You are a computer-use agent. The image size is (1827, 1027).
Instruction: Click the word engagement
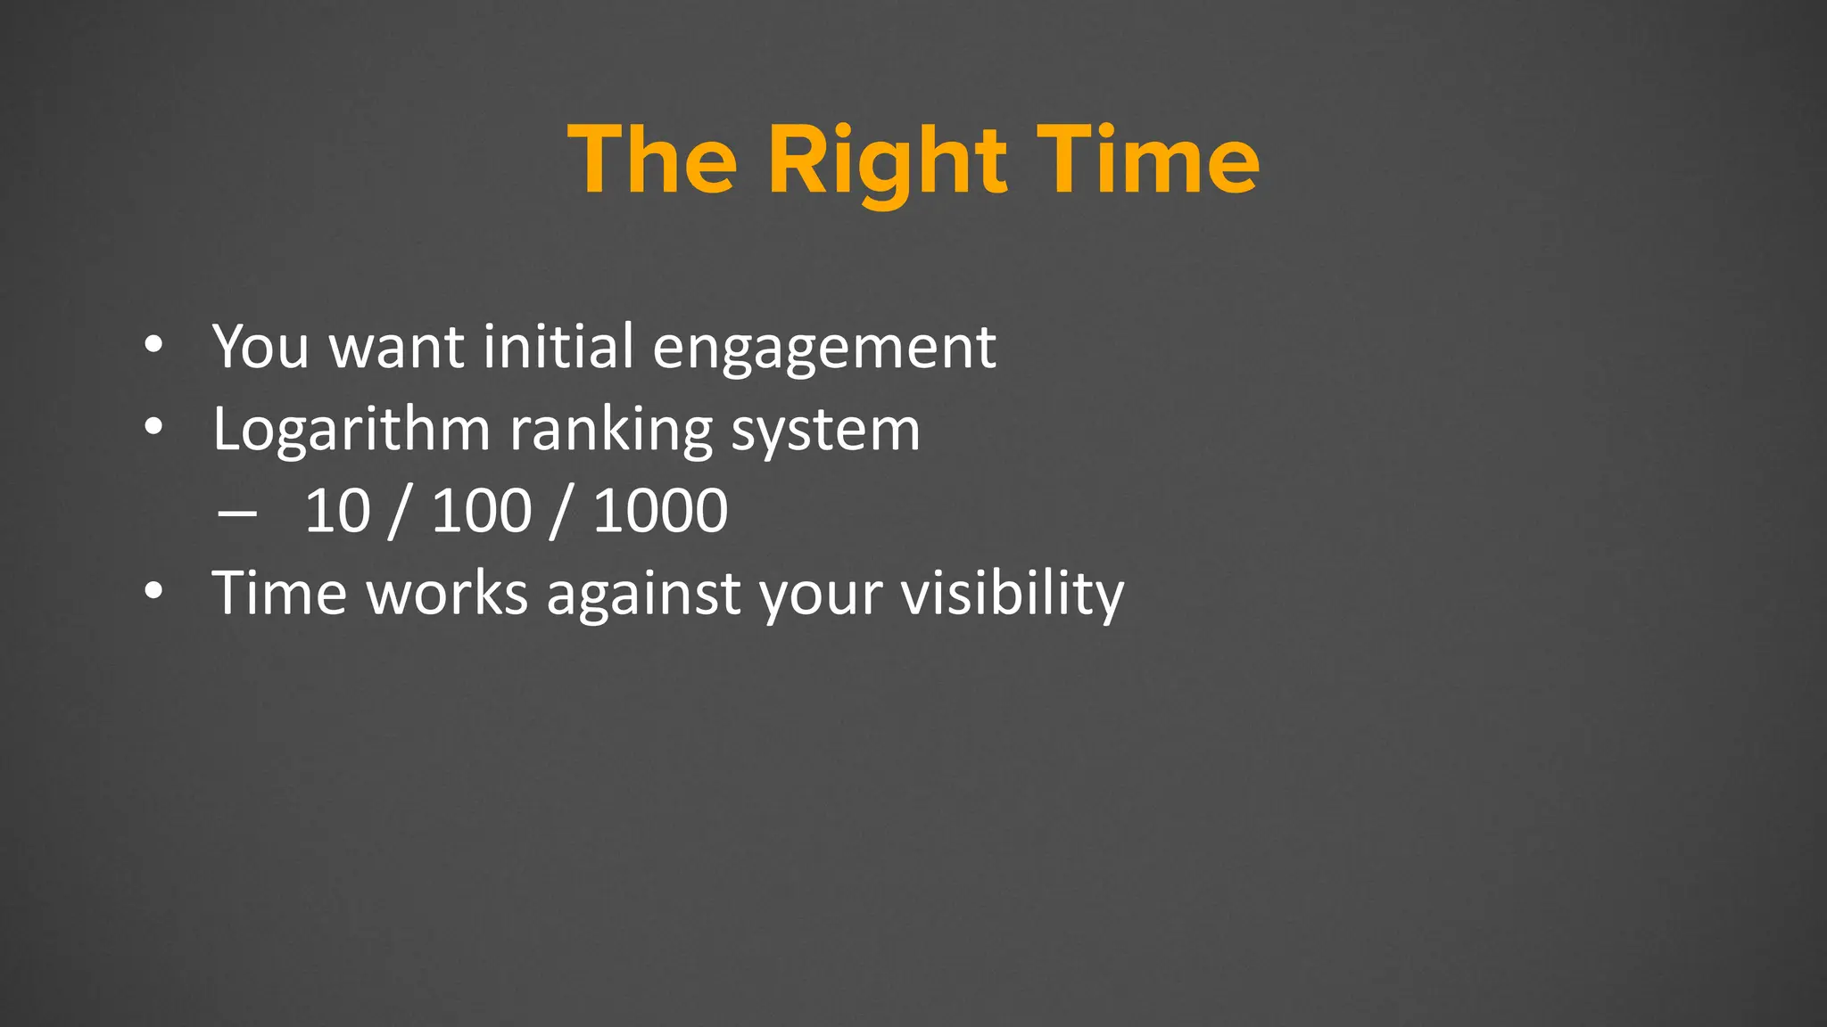tap(823, 348)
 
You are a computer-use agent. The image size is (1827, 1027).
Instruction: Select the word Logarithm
tap(351, 430)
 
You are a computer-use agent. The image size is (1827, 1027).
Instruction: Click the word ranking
tap(610, 430)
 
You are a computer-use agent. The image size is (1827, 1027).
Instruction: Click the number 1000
tap(660, 512)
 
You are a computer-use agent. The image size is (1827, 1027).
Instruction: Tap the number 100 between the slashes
tap(482, 512)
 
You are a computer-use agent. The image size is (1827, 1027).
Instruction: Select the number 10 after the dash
tap(337, 512)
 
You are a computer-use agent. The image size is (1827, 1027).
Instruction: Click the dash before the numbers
tap(236, 514)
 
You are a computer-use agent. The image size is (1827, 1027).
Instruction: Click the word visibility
tap(1012, 594)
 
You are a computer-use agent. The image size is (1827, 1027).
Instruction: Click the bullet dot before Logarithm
tap(153, 429)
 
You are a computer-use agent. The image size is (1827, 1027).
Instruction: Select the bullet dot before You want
tap(153, 346)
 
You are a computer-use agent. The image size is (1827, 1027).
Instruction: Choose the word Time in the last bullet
tap(278, 594)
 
